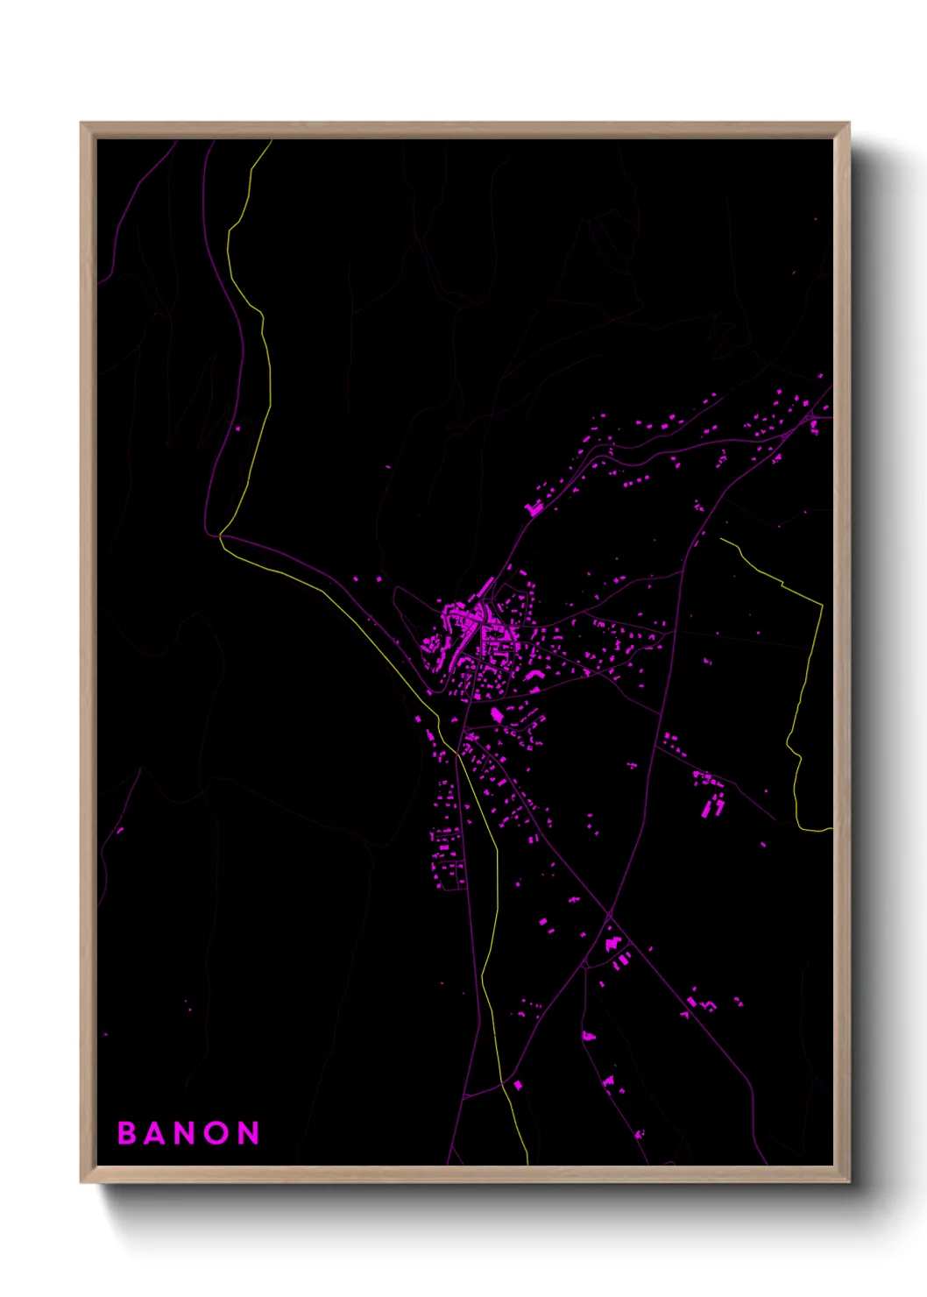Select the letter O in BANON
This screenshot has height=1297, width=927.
tap(219, 1133)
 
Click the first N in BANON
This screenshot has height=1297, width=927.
tap(188, 1133)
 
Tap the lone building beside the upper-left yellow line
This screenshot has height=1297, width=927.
tap(237, 429)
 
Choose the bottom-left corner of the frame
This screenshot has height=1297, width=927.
tap(82, 1181)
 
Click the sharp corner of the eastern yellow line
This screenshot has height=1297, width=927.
tap(822, 605)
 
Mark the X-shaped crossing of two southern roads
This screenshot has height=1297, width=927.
tap(610, 917)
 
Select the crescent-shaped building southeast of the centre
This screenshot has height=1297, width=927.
tap(532, 675)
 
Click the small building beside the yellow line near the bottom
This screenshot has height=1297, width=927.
tap(518, 1086)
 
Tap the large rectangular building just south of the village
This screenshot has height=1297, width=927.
tap(497, 715)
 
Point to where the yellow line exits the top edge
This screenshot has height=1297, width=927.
tap(271, 141)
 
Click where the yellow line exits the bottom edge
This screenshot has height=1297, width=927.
tap(527, 1164)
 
